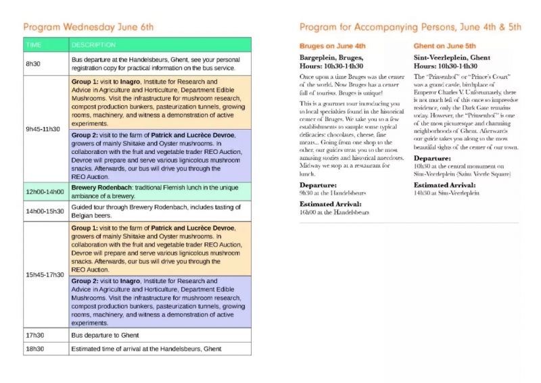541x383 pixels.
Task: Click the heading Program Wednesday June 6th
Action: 89,28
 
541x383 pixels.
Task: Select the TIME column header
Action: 33,45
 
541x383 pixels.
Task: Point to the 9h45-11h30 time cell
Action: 42,128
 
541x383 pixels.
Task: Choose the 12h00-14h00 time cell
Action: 45,191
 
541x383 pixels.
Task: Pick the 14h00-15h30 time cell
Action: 45,211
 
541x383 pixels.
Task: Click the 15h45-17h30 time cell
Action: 45,275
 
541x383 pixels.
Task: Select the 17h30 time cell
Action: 34,334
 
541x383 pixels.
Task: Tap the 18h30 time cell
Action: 34,349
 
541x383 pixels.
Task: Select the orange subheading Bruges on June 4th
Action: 332,46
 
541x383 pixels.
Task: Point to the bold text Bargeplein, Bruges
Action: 333,58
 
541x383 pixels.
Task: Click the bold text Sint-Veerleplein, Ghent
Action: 451,58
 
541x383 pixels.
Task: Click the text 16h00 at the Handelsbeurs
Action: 334,212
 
